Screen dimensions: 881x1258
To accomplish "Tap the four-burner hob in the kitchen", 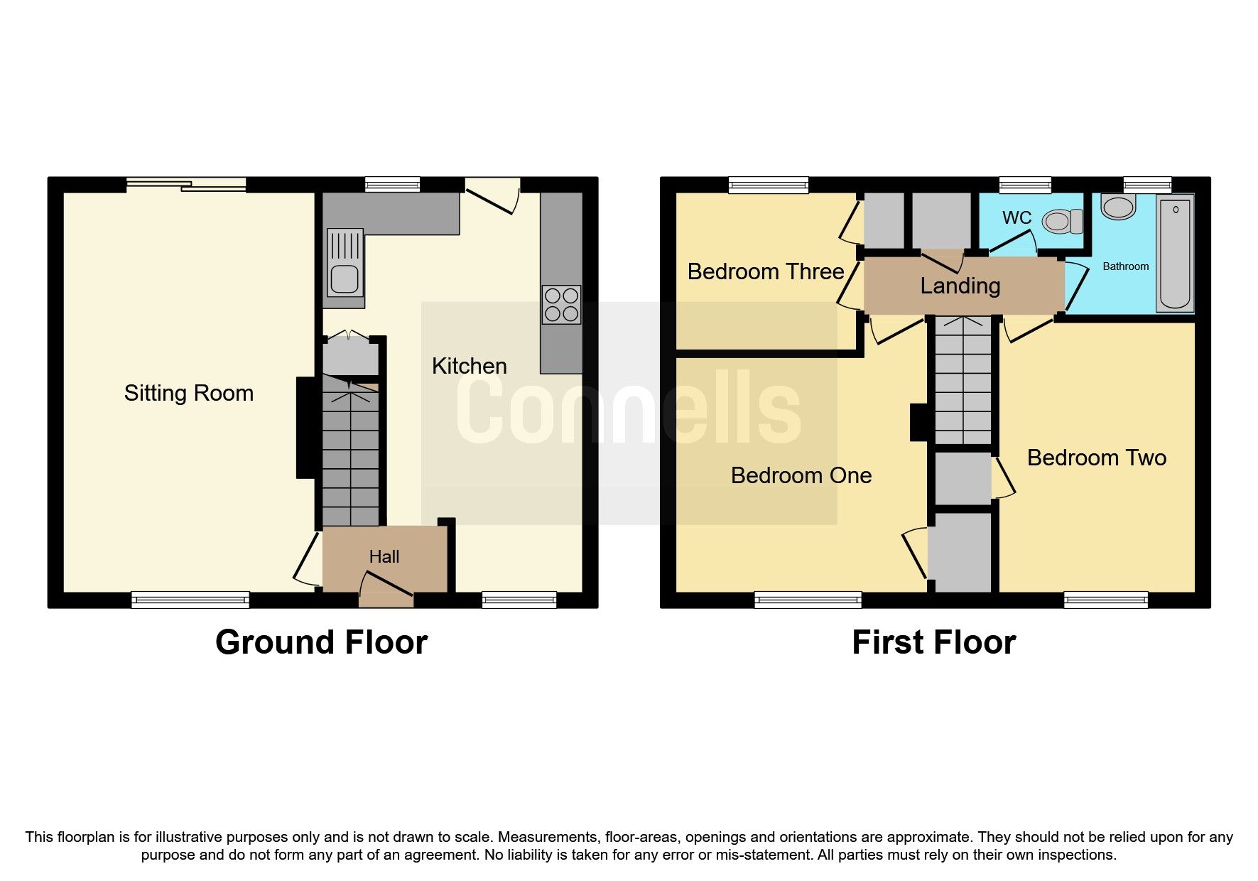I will (x=561, y=304).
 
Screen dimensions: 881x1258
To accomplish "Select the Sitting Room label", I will (x=188, y=393).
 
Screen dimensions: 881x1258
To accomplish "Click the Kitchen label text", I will (x=469, y=366).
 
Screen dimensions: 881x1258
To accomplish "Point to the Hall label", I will (x=384, y=556).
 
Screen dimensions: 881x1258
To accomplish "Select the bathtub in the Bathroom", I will (x=1175, y=254).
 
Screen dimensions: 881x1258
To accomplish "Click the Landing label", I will (x=960, y=286).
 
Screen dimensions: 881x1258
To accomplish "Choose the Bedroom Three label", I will (x=765, y=271).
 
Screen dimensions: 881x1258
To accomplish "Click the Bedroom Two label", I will (x=1096, y=458).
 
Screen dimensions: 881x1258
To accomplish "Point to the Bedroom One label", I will (x=801, y=475).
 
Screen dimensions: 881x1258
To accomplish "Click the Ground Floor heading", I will (x=321, y=642).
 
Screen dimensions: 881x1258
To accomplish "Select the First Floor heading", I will (x=933, y=642).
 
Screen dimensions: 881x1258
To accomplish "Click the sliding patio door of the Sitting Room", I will (x=186, y=185).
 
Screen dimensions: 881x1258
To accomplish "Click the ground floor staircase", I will (x=351, y=455).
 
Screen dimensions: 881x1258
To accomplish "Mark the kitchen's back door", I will (x=492, y=193).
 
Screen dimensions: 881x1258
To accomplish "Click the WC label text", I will (x=1016, y=217).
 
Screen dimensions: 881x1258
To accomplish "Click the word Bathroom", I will (x=1125, y=266).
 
